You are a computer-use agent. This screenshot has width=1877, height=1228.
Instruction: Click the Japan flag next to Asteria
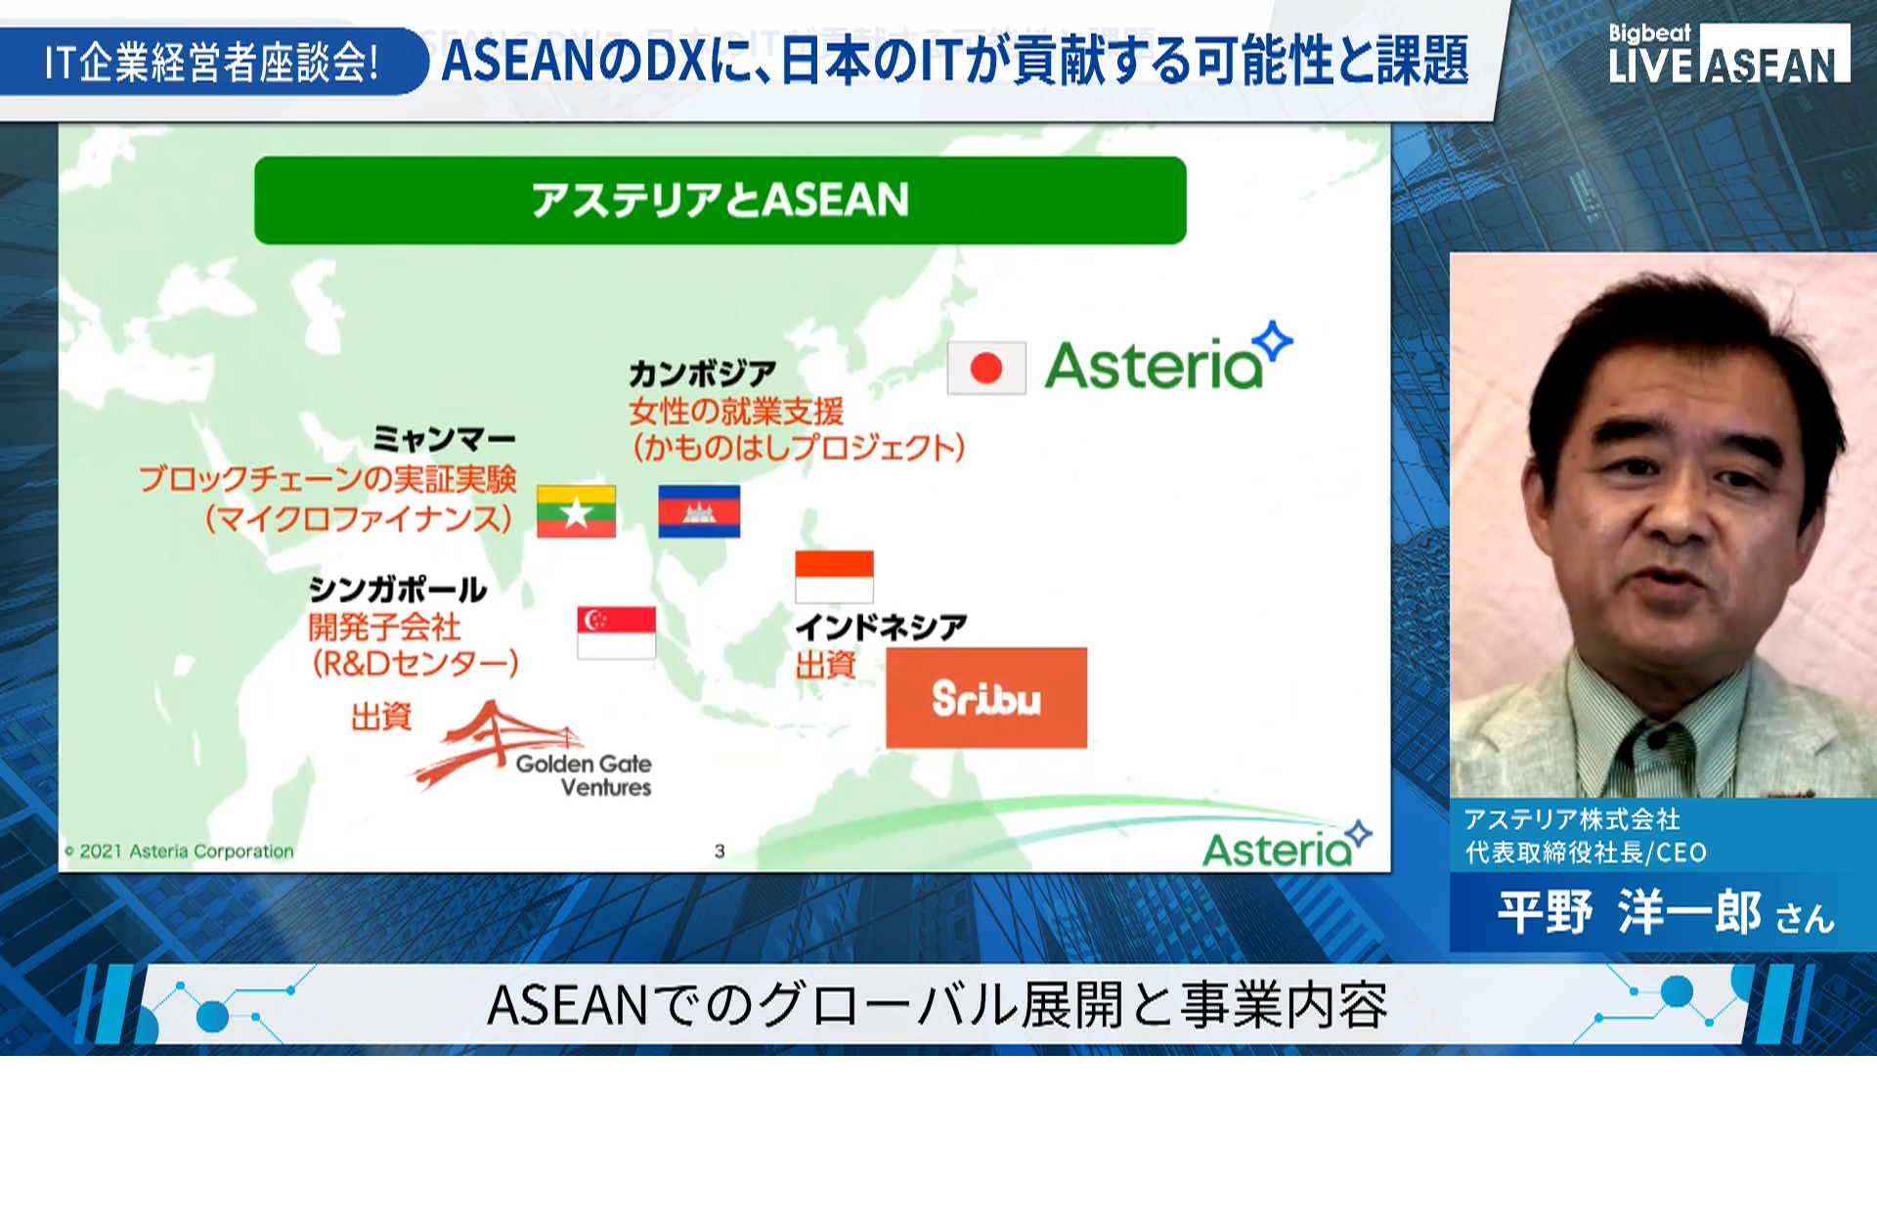986,368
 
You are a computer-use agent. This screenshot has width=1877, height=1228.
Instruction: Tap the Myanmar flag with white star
576,511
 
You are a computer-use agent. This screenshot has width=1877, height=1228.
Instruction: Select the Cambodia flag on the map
699,511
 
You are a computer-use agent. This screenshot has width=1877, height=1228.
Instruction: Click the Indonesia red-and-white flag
834,577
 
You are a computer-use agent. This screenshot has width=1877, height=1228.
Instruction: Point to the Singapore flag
616,633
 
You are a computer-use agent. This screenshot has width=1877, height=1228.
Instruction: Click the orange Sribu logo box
986,698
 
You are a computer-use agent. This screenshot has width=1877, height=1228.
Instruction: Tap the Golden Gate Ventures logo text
584,775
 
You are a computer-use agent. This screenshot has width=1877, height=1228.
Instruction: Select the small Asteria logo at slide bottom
1287,846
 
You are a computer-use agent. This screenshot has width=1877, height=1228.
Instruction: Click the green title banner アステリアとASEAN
720,200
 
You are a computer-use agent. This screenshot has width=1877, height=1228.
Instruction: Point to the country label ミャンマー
444,439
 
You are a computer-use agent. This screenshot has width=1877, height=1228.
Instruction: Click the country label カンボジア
702,373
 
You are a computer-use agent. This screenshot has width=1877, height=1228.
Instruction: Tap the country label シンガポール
398,589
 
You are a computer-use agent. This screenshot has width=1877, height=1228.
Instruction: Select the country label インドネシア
881,627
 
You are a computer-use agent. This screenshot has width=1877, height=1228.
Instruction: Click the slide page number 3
720,852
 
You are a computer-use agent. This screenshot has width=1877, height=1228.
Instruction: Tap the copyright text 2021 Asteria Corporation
180,852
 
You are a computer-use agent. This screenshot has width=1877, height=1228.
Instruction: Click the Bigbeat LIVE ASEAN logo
1728,54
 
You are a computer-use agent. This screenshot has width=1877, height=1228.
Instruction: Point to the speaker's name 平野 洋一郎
1630,912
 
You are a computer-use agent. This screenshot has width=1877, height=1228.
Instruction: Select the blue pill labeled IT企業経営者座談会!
212,62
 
